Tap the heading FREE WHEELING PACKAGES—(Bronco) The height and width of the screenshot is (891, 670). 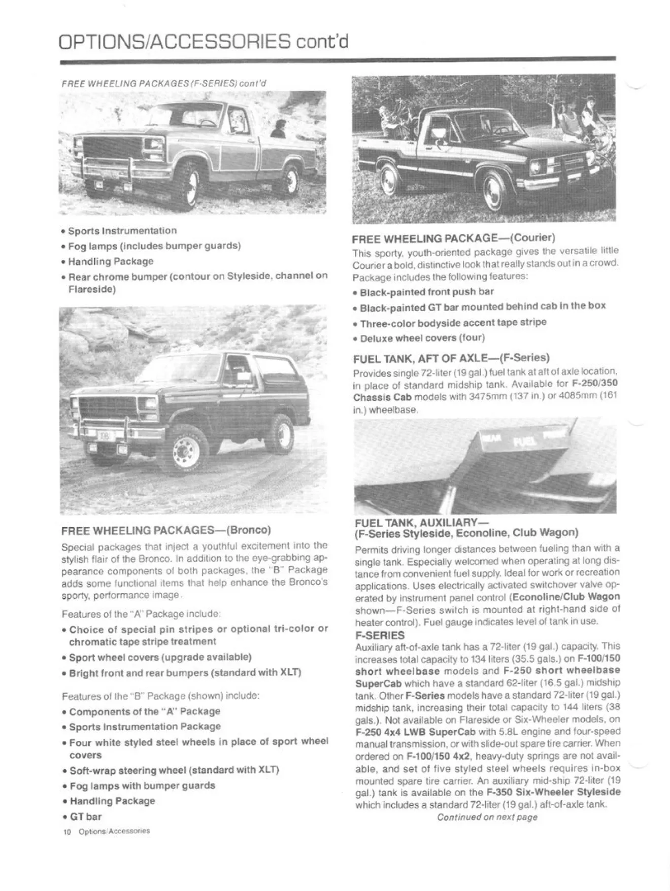166,530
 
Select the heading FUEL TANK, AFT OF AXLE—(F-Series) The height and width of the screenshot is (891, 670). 451,359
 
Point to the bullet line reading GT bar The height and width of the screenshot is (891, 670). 86,816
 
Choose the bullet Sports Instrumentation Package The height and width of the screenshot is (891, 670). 145,726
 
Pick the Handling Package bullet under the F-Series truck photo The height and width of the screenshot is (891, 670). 111,261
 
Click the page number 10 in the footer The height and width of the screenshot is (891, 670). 66,831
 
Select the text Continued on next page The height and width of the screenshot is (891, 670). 487,817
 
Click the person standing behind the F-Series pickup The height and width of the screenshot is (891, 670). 278,127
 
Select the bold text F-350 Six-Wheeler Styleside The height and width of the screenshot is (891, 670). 553,792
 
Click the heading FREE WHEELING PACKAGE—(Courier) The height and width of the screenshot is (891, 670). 454,237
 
